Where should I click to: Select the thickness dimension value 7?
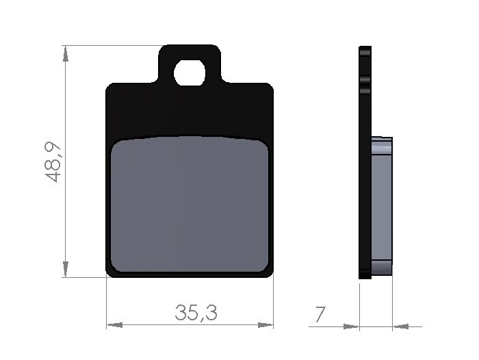pos(320,314)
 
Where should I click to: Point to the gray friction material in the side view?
pos(382,205)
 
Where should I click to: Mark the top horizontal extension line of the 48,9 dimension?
pos(109,45)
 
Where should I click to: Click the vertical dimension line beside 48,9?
pos(65,205)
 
